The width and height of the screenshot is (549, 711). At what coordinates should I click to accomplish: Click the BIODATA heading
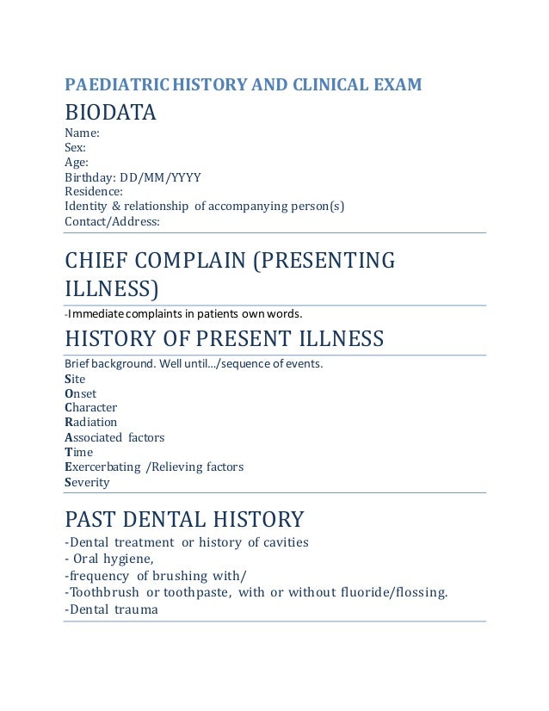110,113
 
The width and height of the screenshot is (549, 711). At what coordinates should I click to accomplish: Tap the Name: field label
82,133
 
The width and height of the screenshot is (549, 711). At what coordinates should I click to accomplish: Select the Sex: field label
76,147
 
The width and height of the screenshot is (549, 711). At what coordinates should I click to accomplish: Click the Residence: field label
94,191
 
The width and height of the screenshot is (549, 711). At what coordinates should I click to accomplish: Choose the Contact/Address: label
113,221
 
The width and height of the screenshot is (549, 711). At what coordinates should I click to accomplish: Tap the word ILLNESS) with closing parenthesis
112,287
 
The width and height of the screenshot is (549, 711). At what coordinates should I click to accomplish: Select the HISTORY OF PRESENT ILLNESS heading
224,337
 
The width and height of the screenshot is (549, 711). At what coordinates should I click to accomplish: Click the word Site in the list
75,379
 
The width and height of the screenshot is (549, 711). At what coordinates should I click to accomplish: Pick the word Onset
80,393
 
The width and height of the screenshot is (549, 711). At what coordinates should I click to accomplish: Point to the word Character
90,407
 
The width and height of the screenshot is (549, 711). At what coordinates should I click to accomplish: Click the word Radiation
90,422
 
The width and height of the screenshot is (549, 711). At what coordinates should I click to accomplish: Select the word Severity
87,482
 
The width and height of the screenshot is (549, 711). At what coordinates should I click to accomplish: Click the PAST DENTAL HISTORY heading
184,519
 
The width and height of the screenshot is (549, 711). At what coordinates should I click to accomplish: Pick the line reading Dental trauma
111,609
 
